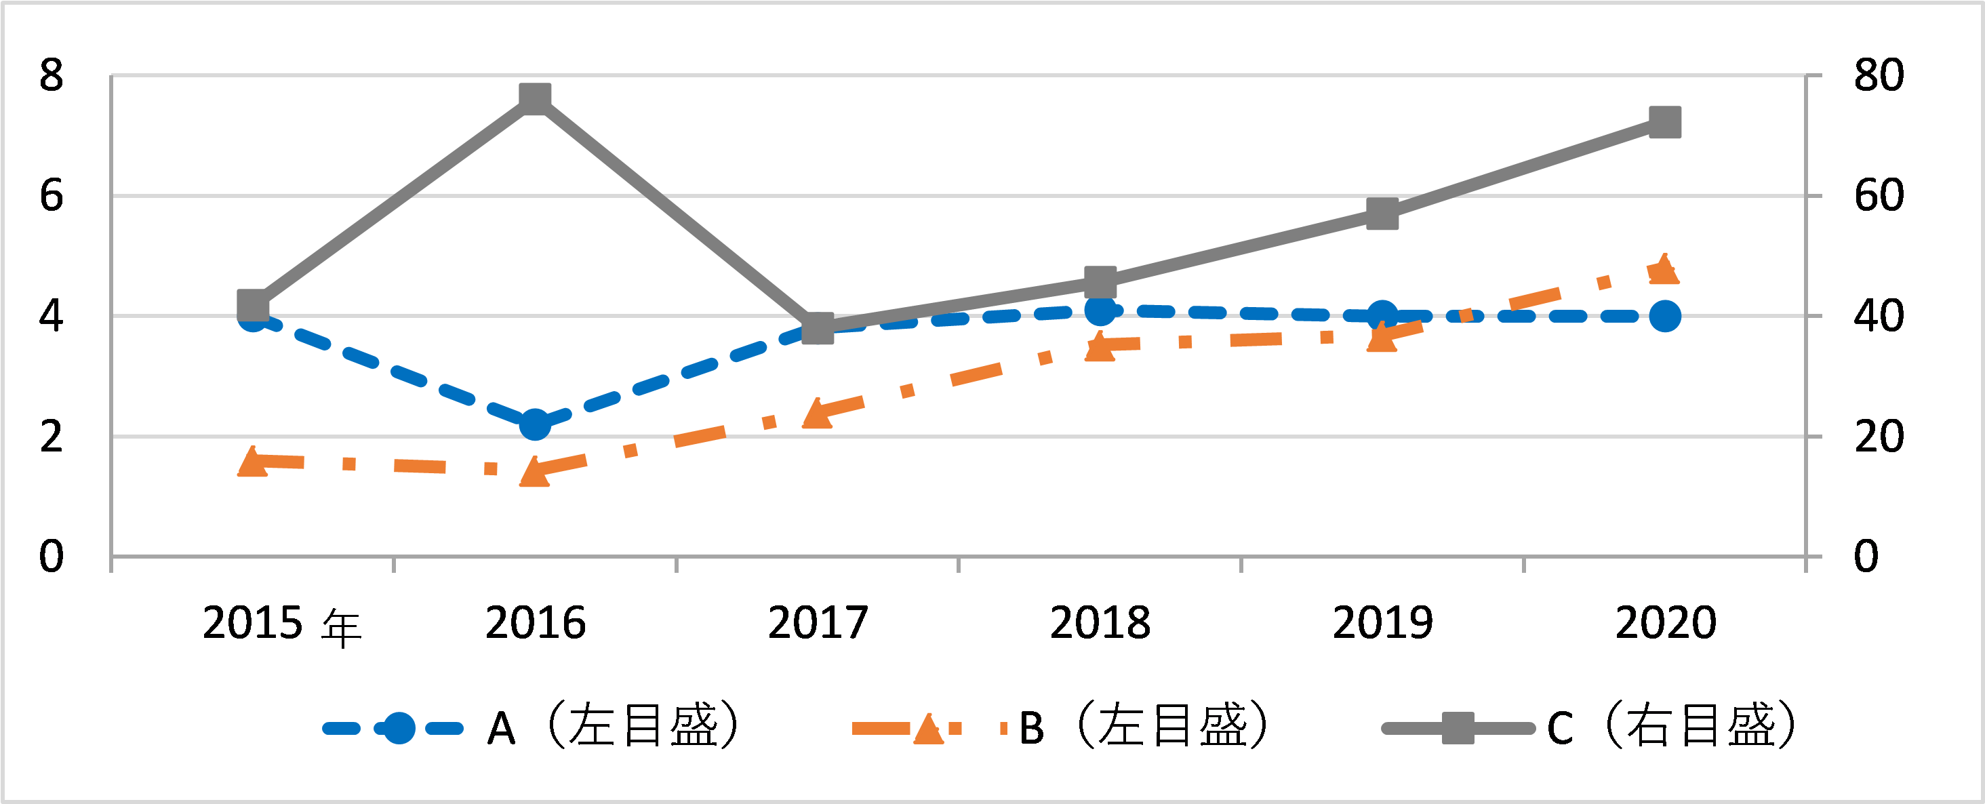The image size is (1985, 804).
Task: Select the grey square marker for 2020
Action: click(1664, 122)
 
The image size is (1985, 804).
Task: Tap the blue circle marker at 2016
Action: click(535, 424)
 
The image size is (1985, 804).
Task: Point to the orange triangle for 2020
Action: click(1664, 269)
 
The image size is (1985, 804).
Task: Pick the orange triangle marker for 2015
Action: click(252, 462)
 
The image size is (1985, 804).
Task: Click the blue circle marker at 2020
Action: click(1664, 316)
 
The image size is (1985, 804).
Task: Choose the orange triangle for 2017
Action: click(818, 414)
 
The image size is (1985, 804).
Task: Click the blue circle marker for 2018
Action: click(1100, 310)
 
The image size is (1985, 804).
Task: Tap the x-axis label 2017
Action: click(818, 623)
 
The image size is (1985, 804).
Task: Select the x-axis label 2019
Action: click(1382, 623)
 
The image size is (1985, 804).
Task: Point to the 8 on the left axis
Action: click(51, 75)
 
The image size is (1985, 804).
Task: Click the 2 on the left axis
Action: click(51, 437)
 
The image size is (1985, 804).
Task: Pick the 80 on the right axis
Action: click(1879, 75)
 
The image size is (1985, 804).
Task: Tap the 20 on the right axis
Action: click(1879, 437)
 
